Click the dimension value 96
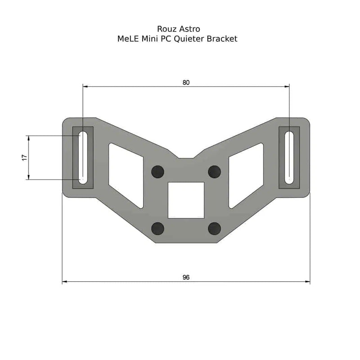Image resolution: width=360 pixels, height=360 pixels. point(186,277)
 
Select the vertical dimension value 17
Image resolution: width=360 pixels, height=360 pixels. point(25,157)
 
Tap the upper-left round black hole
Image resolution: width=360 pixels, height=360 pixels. point(157,171)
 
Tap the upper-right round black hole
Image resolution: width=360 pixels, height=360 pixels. point(215,171)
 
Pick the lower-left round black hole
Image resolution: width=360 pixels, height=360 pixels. point(157,229)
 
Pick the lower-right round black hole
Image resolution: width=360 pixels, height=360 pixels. point(215,229)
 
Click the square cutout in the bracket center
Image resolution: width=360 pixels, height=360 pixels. point(186,200)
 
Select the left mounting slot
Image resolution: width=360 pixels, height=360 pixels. point(83,157)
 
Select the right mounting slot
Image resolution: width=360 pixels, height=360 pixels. point(289,157)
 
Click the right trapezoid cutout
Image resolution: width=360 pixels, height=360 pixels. point(246,175)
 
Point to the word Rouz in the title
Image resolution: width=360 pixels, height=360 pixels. point(166,29)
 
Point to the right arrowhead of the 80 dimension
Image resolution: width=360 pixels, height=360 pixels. point(286,85)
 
